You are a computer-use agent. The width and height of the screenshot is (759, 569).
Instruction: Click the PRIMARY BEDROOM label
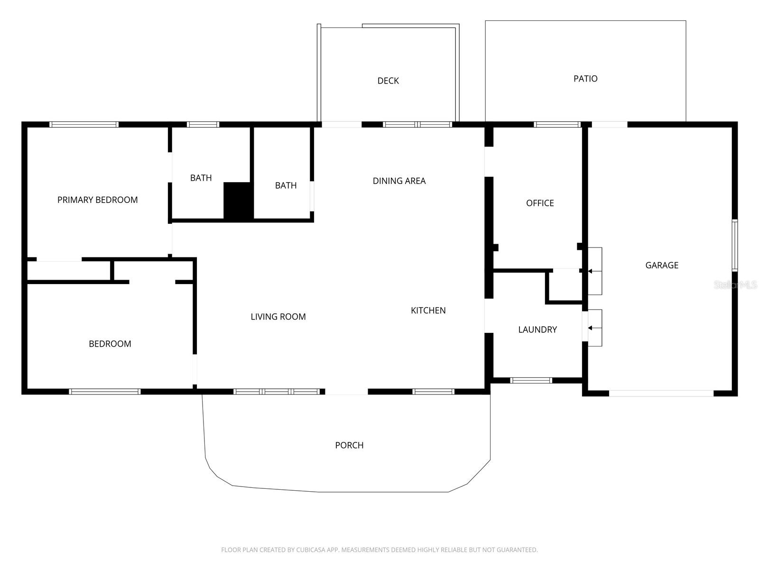97,200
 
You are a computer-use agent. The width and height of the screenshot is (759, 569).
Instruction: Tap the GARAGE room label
661,265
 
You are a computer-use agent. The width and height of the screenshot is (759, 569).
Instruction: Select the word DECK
388,81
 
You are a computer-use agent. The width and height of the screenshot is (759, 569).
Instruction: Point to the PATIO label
585,79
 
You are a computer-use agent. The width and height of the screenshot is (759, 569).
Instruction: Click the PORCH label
349,445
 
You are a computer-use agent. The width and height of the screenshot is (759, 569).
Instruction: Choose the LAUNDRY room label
537,330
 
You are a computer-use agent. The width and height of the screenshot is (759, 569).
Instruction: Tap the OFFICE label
540,203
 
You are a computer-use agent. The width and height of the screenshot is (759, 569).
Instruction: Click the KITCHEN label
428,310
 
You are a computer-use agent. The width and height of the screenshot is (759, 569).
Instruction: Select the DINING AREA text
399,181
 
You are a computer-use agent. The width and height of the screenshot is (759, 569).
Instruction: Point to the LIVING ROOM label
278,316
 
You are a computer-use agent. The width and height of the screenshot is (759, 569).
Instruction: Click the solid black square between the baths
237,201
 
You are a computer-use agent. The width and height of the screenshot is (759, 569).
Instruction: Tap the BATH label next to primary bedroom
201,178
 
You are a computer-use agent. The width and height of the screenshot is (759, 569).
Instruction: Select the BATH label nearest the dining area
286,185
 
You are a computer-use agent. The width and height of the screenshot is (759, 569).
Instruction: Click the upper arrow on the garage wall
590,271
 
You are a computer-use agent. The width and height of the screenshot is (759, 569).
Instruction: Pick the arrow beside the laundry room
590,328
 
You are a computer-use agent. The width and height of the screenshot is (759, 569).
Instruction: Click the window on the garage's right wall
734,245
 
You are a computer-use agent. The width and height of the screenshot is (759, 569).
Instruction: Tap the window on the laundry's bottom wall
531,380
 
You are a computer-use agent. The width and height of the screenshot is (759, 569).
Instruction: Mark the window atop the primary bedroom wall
84,125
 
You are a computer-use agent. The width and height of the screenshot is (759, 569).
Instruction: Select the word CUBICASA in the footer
311,550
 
